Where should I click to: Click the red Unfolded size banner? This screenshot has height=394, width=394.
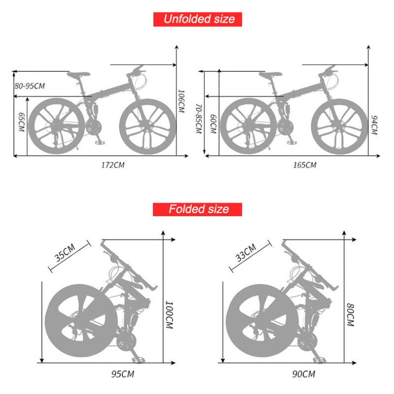click(199, 19)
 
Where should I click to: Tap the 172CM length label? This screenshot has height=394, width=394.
click(113, 164)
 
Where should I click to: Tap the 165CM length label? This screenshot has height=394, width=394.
click(304, 164)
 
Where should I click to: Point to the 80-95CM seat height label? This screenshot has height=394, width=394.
click(30, 86)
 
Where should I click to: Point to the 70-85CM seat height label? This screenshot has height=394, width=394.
click(198, 119)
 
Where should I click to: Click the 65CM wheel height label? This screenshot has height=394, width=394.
click(21, 122)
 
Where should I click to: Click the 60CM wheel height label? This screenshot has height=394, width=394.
click(213, 123)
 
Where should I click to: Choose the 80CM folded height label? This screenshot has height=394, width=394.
click(350, 315)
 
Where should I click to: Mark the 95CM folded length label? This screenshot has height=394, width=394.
click(123, 374)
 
